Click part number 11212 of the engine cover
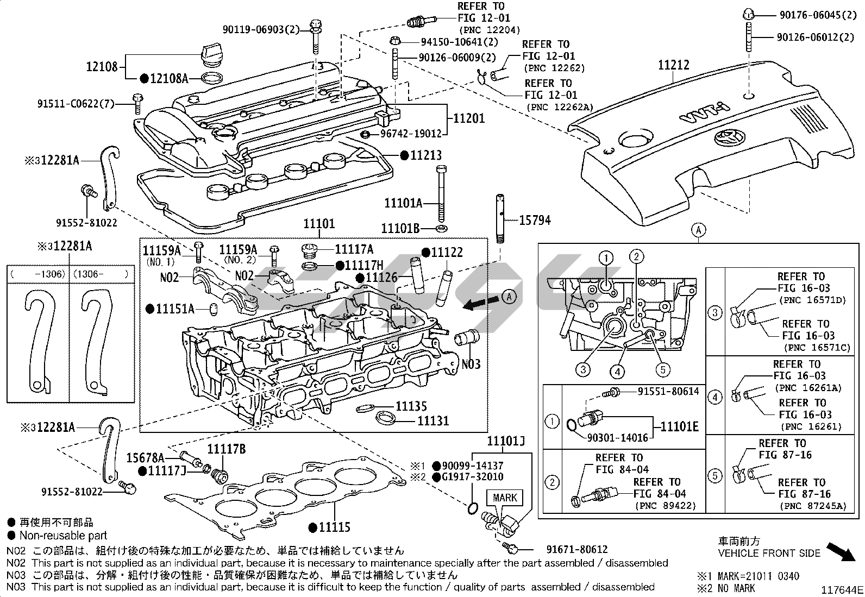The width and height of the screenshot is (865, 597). pos(673,65)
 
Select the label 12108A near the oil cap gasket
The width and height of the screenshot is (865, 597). pos(168,79)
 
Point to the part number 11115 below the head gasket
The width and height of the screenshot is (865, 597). pos(334,527)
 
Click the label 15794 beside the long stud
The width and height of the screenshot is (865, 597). pos(535,220)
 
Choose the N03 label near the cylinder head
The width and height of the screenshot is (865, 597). pos(471,363)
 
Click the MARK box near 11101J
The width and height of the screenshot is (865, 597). pos(505,498)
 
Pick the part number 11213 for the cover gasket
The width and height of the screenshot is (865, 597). pos(425,155)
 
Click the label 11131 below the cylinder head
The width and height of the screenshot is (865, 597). pos(433,420)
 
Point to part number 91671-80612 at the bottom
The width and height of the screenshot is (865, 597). pos(576,550)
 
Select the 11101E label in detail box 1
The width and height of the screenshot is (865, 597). pos(679,426)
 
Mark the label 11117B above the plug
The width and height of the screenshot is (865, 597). pos(226,450)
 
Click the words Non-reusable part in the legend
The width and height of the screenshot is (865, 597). pos(64,536)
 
